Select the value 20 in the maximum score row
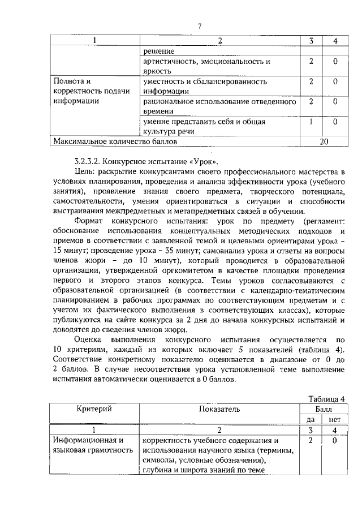click(x=324, y=141)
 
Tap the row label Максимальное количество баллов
click(x=103, y=141)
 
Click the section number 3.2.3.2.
click(x=88, y=161)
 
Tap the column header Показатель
click(x=219, y=408)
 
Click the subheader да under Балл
click(x=311, y=419)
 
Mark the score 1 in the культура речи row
click(x=311, y=121)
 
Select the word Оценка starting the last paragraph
click(x=90, y=339)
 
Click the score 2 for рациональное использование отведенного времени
click(x=311, y=101)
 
